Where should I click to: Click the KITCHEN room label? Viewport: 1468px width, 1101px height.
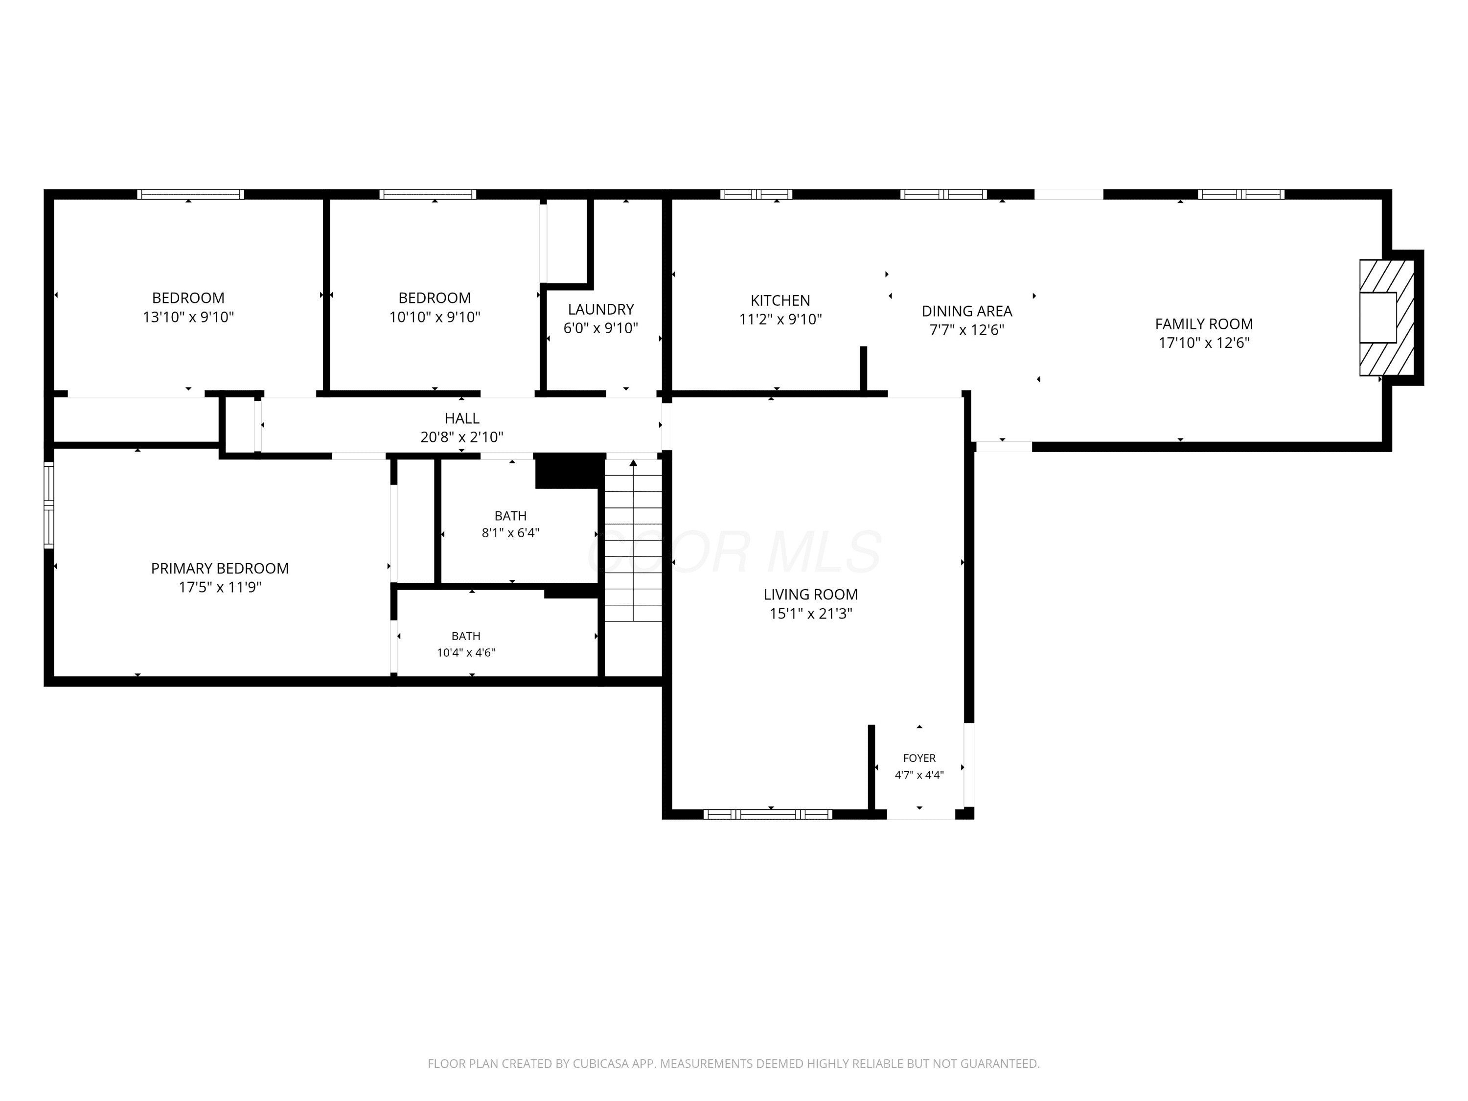click(780, 300)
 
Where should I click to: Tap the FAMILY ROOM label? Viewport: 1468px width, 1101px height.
click(1204, 324)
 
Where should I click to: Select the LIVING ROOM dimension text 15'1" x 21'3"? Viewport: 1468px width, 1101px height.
click(810, 613)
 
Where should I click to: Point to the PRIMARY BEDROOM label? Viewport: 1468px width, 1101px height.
click(220, 568)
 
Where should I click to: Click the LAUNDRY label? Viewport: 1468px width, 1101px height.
click(600, 309)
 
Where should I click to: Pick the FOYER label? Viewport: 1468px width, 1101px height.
click(919, 758)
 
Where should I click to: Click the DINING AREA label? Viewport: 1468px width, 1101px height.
click(967, 311)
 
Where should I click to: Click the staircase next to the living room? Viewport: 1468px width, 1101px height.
click(633, 540)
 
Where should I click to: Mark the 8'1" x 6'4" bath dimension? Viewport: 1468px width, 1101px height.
click(510, 533)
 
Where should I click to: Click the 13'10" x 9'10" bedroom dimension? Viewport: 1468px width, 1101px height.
click(188, 317)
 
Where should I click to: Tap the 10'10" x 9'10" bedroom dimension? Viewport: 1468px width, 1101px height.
click(435, 317)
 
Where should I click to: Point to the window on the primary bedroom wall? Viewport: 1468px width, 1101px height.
click(48, 505)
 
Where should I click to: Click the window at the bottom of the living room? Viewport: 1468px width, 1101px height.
click(767, 814)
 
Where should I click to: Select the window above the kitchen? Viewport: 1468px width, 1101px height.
click(756, 194)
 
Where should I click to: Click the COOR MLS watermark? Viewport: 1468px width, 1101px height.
click(734, 551)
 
